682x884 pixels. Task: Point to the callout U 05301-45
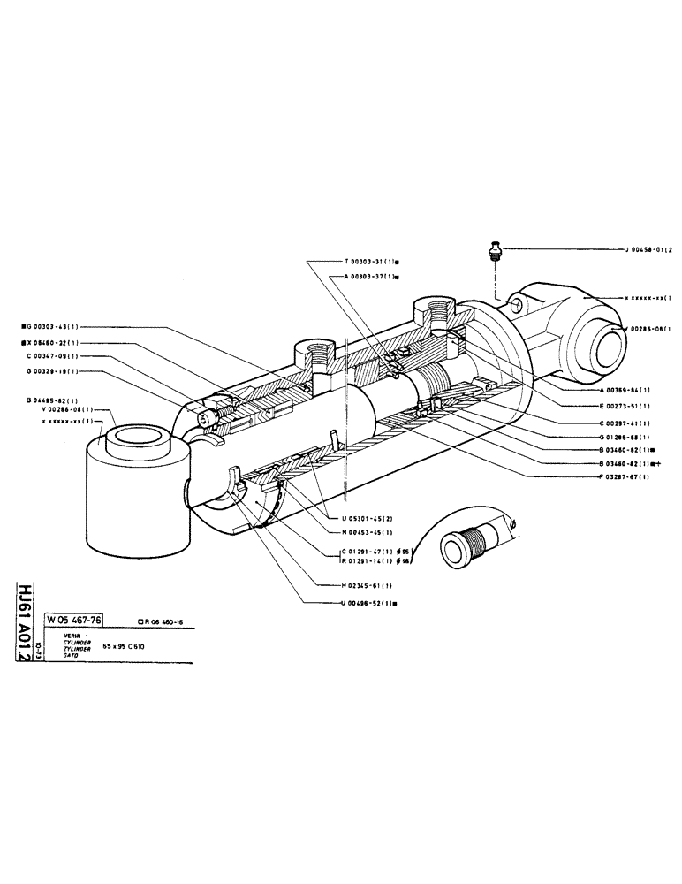point(375,517)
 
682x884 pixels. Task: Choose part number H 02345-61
point(375,585)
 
